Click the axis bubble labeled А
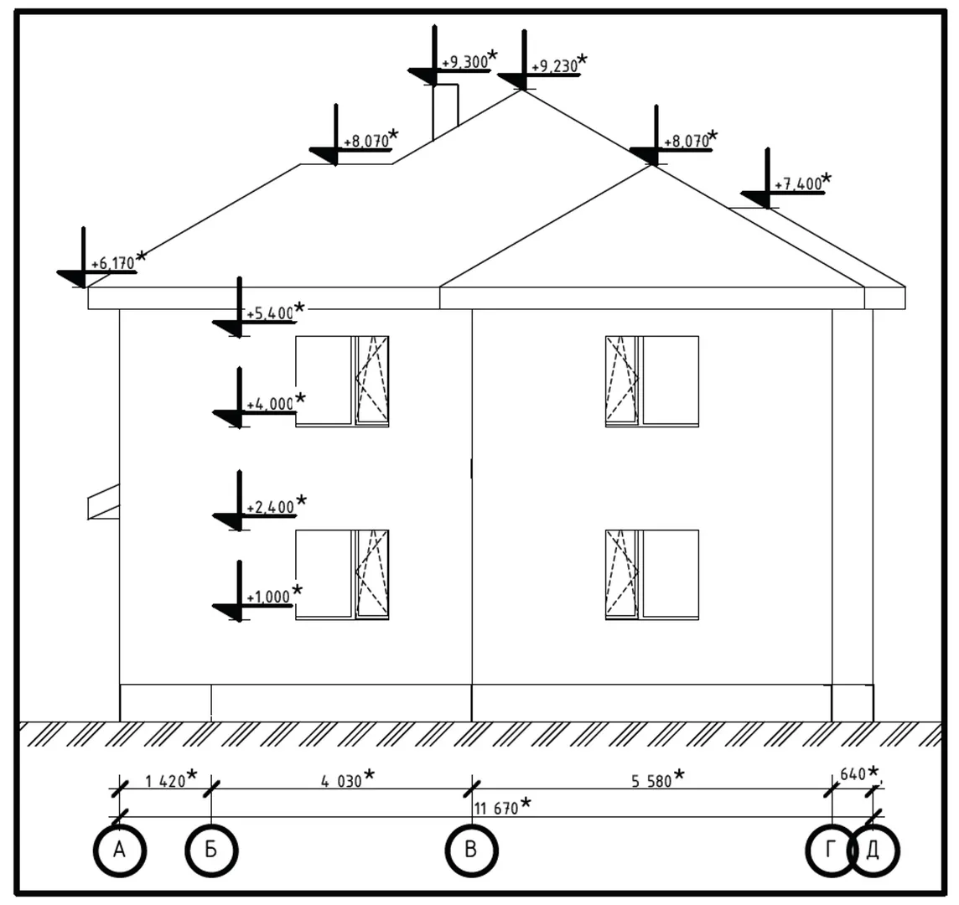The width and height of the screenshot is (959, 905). (x=120, y=851)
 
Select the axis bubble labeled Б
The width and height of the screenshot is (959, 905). (x=211, y=851)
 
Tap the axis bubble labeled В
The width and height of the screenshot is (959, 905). (x=471, y=851)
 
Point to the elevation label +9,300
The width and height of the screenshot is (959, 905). (x=463, y=62)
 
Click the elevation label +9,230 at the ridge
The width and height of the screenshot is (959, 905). (x=554, y=66)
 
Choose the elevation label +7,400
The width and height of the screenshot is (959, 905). (x=797, y=184)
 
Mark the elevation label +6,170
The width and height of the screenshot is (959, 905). (x=112, y=264)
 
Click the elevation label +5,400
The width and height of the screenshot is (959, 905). (x=269, y=313)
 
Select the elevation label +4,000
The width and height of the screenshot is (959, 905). (x=269, y=405)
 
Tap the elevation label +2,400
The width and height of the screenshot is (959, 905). (x=269, y=508)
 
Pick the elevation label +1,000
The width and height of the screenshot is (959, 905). (x=268, y=597)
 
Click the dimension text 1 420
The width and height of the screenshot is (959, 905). (x=165, y=781)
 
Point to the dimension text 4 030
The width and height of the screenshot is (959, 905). (x=341, y=781)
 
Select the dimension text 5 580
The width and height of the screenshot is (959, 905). (x=651, y=781)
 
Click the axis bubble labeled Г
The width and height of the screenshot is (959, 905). (x=831, y=851)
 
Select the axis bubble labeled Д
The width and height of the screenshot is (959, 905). (x=873, y=851)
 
